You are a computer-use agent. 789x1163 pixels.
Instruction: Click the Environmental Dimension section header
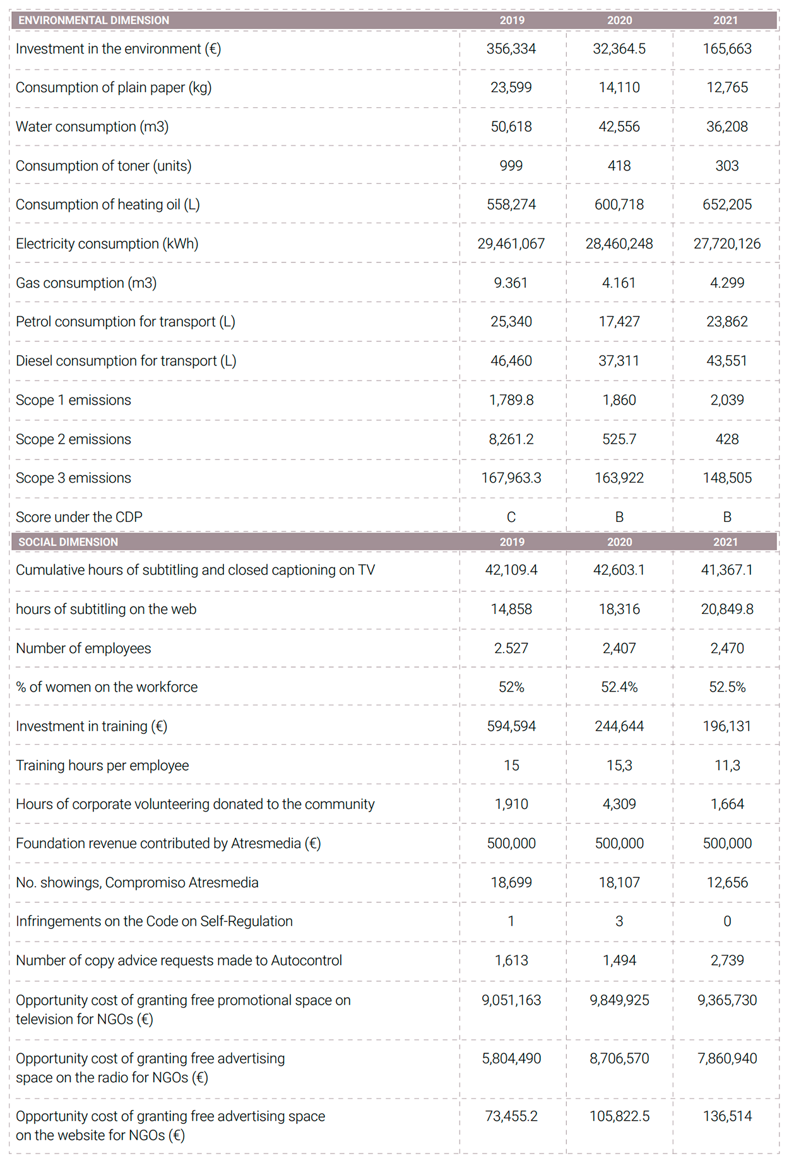point(93,20)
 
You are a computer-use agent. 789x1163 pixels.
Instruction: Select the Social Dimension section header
point(68,542)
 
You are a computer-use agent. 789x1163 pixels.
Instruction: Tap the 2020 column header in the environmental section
point(619,20)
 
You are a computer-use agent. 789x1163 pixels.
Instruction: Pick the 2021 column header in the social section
point(726,542)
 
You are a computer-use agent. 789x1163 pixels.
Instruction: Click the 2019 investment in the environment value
point(511,49)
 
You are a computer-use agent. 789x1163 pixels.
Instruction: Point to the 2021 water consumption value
point(727,127)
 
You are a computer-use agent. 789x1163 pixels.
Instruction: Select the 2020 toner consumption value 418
point(619,166)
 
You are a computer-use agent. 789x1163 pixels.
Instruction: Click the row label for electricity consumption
point(107,244)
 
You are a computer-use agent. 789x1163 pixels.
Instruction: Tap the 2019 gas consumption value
point(511,283)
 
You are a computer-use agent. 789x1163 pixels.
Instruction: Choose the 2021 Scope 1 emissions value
point(727,400)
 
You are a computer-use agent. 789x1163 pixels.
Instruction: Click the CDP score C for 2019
point(511,517)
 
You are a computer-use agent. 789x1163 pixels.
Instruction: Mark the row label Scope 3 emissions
point(73,478)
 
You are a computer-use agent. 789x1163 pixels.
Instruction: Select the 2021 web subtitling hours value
point(727,609)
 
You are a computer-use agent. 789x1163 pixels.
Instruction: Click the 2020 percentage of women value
point(619,687)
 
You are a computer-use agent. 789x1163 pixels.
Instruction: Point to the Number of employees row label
point(83,648)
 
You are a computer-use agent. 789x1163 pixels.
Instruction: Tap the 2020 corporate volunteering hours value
point(619,804)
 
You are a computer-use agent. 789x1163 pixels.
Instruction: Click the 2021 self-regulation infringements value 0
point(727,921)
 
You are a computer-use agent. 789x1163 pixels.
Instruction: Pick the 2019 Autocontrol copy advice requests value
point(511,960)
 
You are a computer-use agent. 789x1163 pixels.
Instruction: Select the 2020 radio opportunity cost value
point(619,1058)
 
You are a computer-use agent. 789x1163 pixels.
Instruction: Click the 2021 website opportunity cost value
point(727,1116)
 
